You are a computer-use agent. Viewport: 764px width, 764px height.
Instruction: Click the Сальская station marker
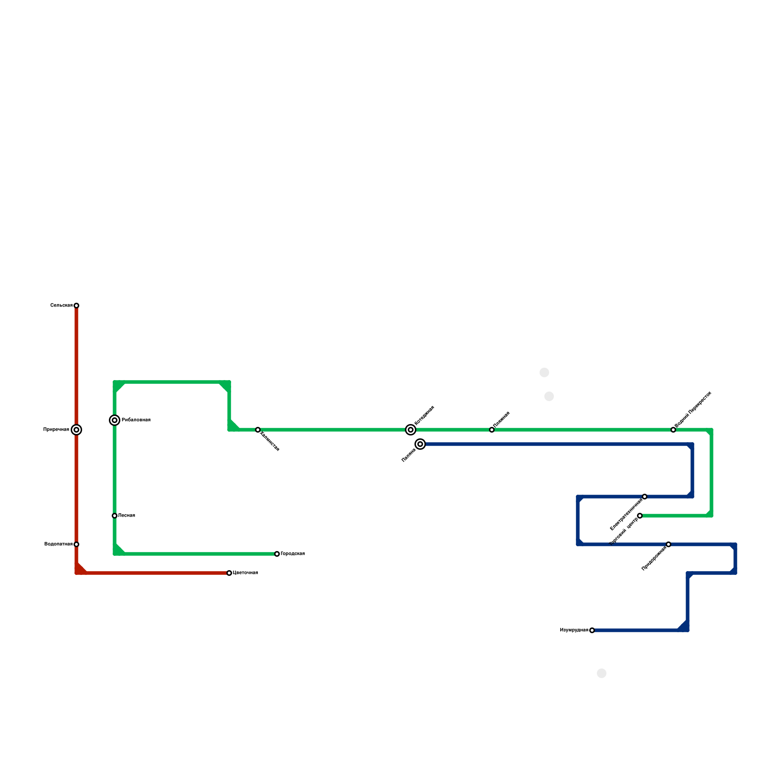76,306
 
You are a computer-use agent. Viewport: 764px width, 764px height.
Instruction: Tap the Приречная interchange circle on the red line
76,430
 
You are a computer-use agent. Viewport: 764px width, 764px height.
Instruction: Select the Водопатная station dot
76,544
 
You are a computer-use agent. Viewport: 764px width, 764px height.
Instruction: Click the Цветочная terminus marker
229,573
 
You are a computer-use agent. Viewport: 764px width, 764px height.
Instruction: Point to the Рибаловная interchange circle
115,420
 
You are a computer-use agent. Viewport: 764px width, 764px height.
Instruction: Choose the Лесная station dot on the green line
115,516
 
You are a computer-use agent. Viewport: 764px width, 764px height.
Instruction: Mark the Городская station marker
277,554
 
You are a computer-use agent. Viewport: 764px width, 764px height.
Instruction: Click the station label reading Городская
293,554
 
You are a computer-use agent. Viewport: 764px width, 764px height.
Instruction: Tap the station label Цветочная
245,573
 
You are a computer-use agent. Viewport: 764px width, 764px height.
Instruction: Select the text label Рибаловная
136,420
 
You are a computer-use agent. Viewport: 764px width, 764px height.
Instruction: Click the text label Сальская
61,306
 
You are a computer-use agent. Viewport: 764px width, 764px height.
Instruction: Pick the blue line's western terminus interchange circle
420,444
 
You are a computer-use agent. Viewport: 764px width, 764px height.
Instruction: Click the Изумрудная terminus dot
592,630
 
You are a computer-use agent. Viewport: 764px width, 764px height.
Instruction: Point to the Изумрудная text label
574,630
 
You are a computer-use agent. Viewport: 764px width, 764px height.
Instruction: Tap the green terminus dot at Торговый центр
640,516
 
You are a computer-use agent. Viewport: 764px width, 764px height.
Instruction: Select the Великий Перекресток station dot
673,430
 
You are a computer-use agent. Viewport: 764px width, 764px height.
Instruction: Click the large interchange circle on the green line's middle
411,430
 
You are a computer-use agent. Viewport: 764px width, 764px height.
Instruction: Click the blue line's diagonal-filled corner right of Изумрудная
684,627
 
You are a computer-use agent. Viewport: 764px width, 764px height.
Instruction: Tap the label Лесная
127,516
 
